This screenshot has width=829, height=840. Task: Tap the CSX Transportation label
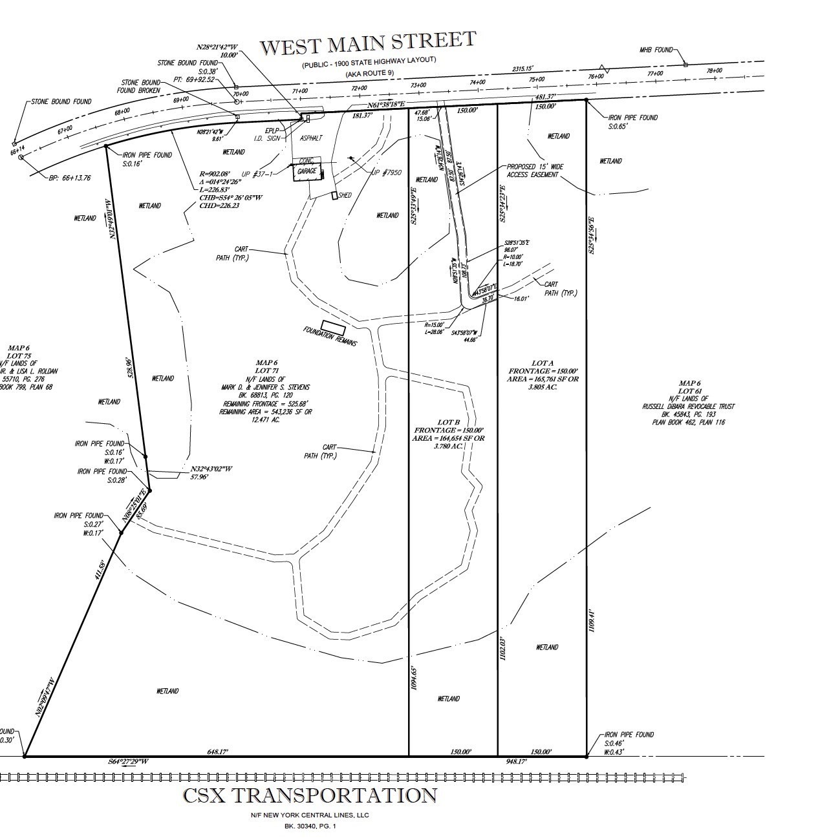[310, 795]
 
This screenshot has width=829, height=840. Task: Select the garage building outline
[307, 171]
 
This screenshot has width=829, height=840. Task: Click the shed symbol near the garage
[334, 195]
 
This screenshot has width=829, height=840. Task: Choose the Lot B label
[449, 422]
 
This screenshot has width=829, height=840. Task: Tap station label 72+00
[360, 89]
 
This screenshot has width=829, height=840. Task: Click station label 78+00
[714, 70]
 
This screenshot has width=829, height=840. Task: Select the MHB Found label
[656, 50]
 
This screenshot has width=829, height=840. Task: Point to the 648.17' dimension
[217, 751]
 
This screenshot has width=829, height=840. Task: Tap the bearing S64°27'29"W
[128, 762]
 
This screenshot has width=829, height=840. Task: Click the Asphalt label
[311, 138]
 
